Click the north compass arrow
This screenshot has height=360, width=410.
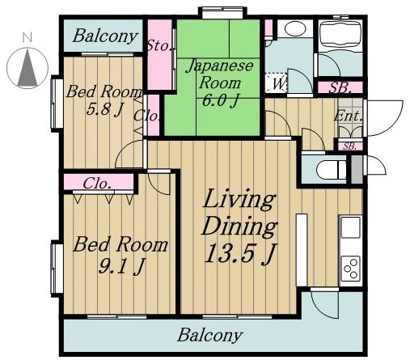pyautogui.click(x=27, y=64)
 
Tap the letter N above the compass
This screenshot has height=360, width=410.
pyautogui.click(x=27, y=37)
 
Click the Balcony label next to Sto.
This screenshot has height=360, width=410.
pyautogui.click(x=104, y=36)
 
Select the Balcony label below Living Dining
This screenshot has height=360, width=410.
pyautogui.click(x=209, y=334)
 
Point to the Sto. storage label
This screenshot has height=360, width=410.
pyautogui.click(x=159, y=46)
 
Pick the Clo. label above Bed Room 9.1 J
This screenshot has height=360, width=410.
pyautogui.click(x=97, y=182)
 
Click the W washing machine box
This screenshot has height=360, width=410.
pyautogui.click(x=277, y=82)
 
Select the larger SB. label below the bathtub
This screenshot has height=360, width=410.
pyautogui.click(x=339, y=87)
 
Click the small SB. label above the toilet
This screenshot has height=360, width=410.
pyautogui.click(x=349, y=146)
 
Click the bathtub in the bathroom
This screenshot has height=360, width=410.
pyautogui.click(x=339, y=36)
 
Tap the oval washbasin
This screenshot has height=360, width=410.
pyautogui.click(x=294, y=29)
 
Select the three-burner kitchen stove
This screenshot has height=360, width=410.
pyautogui.click(x=351, y=266)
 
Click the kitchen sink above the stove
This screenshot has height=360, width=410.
pyautogui.click(x=351, y=229)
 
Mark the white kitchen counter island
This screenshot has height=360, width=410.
pyautogui.click(x=302, y=249)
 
